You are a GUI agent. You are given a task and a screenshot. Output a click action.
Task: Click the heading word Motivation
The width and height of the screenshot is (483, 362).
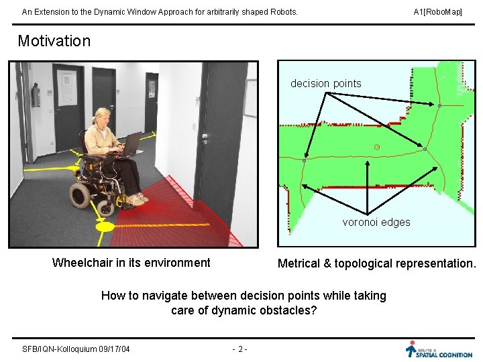click(54, 41)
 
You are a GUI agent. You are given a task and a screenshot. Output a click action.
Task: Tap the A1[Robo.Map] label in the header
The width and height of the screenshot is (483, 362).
click(437, 12)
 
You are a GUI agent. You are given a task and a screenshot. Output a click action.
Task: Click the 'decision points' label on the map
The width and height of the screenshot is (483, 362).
click(325, 84)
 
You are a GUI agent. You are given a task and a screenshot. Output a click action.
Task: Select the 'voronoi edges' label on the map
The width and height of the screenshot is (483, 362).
click(376, 222)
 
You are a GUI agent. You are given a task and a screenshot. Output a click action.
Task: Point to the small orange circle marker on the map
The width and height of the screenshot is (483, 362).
click(377, 146)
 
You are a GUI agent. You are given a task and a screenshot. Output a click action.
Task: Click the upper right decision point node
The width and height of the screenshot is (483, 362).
click(439, 106)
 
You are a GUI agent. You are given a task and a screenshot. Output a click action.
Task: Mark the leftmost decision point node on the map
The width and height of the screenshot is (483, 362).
click(304, 161)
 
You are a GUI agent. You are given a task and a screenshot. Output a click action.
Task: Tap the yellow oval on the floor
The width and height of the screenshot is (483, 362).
click(105, 227)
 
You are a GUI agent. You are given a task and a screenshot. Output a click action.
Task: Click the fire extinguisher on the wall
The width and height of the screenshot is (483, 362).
click(36, 96)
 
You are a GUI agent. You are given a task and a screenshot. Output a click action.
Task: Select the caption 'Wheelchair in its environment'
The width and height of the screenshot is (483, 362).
click(131, 263)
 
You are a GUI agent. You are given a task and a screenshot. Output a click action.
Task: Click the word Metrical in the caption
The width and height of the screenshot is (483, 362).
click(299, 263)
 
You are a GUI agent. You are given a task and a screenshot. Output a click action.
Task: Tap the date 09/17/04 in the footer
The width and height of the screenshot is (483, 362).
click(114, 349)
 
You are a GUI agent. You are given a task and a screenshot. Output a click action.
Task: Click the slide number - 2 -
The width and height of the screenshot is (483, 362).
click(239, 349)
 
